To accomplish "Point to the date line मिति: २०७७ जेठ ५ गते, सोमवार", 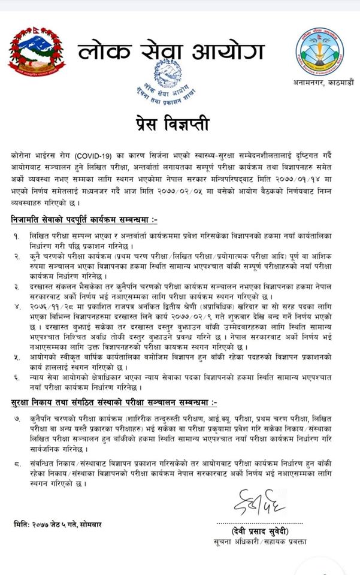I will pos(58,525).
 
